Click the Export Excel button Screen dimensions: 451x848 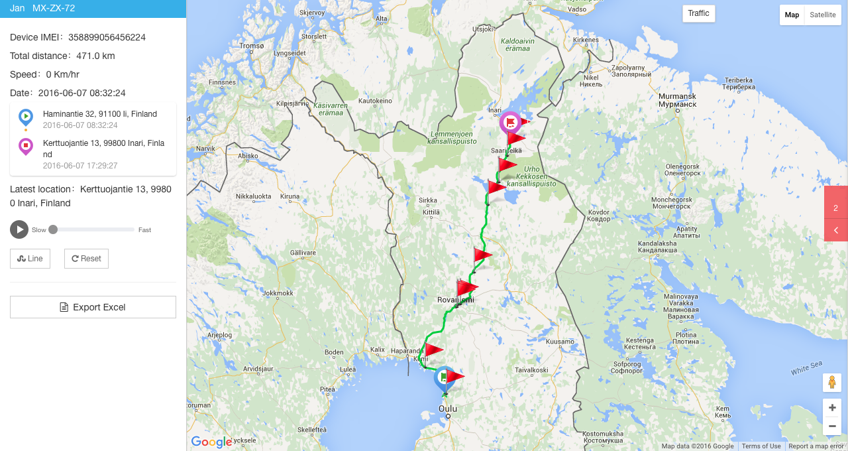[x=93, y=307]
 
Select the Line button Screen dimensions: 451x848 [x=30, y=259]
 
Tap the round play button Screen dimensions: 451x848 [x=19, y=229]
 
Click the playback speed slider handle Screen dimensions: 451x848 [x=53, y=229]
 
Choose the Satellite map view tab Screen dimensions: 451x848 [x=822, y=15]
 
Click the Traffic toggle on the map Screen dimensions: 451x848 [x=698, y=13]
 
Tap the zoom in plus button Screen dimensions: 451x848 [x=832, y=408]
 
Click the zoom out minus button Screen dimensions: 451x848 [x=832, y=426]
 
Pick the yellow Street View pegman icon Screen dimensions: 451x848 [x=832, y=383]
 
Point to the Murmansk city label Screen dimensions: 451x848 [x=677, y=100]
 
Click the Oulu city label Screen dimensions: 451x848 [x=448, y=409]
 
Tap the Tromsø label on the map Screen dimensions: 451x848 [x=251, y=46]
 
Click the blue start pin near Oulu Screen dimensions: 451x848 [x=443, y=377]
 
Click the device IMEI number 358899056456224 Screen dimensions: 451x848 [x=107, y=37]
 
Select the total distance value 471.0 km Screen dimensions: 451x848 [x=95, y=56]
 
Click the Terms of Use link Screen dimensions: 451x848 [x=761, y=446]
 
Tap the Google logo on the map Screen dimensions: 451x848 [x=211, y=442]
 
